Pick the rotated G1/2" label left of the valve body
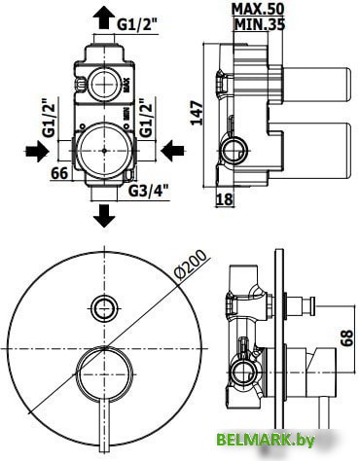click(47, 114)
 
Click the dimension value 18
click(223, 198)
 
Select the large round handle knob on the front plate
click(103, 372)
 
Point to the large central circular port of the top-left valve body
click(103, 152)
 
